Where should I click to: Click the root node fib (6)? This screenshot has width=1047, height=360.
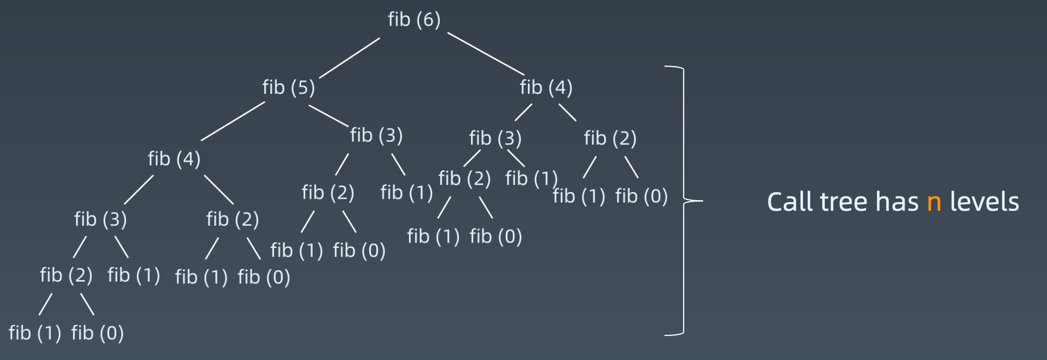[414, 20]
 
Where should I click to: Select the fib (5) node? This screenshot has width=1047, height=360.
[288, 88]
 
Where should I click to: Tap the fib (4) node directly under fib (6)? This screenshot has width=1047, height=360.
[546, 88]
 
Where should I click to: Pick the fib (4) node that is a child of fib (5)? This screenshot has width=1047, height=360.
[174, 159]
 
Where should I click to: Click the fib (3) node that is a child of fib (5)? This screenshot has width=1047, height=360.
[376, 135]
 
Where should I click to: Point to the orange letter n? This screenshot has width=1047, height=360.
[933, 202]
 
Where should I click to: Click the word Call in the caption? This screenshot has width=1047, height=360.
[790, 202]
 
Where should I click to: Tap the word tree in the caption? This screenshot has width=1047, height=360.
[845, 202]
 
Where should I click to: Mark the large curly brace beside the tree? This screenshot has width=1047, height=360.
[684, 200]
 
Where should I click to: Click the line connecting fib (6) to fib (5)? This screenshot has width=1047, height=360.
[349, 58]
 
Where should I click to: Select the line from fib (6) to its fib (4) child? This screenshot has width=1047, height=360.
[485, 54]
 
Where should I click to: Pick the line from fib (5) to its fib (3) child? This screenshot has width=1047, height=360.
[328, 116]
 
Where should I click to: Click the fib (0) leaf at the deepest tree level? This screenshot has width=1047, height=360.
[97, 333]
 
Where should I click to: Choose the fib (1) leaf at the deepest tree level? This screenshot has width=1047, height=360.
[35, 333]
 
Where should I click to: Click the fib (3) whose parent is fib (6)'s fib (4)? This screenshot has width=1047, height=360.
[495, 139]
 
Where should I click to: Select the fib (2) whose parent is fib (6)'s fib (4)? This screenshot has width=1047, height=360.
[610, 139]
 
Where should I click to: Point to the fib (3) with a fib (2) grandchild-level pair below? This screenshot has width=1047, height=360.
[100, 219]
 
